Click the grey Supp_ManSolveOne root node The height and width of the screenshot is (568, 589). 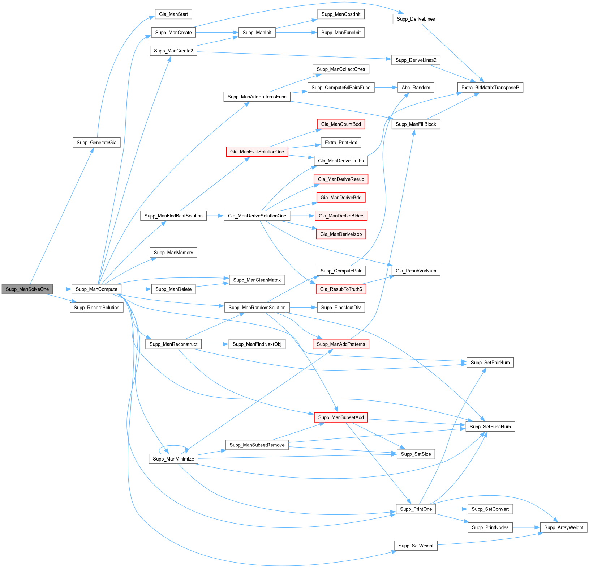pos(27,289)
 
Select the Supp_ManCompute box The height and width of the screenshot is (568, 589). pos(96,289)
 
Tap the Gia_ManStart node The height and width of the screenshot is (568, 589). pos(173,14)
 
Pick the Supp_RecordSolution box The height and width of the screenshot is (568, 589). pos(96,308)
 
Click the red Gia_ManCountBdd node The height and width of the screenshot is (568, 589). pos(341,124)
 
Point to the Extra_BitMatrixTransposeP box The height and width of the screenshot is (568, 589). pos(490,88)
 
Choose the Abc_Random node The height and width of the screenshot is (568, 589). pos(416,88)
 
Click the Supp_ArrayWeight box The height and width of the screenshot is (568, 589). pos(563,527)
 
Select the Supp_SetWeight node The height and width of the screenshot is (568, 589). pos(416,546)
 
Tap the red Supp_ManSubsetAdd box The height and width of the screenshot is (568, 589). pos(341,417)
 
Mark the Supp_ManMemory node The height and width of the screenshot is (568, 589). pos(173,253)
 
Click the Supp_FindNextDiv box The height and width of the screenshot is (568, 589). pos(341,308)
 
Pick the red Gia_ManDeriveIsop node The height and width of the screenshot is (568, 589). pos(341,234)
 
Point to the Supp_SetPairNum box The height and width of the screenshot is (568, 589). pos(490,363)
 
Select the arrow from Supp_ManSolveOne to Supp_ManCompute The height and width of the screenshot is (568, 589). pos(62,289)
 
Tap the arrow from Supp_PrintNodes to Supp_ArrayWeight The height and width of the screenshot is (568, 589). pos(526,527)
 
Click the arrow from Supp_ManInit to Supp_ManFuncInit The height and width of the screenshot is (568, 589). pos(296,33)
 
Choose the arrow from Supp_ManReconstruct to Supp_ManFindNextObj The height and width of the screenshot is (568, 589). pos(215,344)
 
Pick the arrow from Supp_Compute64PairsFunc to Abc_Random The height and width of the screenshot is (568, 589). pos(386,88)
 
